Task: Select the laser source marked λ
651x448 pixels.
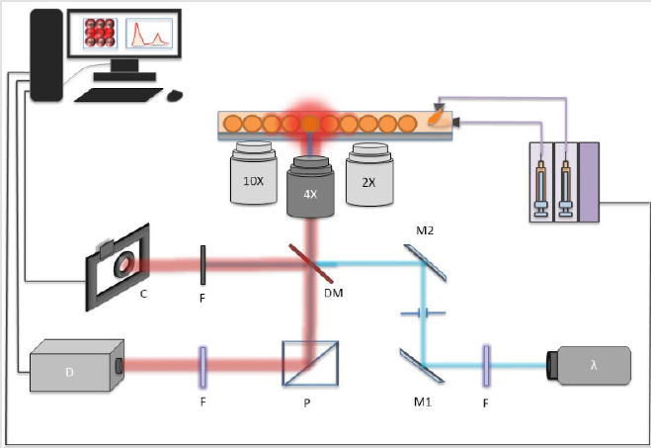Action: point(590,365)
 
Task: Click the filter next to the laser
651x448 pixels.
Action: point(487,365)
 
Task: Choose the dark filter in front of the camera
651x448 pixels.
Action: point(203,265)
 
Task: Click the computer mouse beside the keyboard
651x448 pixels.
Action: point(175,95)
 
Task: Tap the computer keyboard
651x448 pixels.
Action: point(119,95)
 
